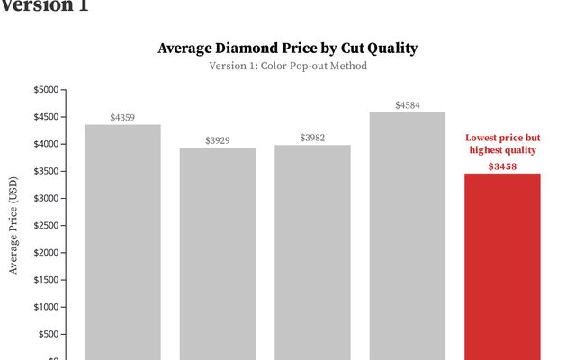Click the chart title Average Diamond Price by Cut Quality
point(288,48)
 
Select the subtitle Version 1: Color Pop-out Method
point(288,66)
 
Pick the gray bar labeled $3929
point(218,253)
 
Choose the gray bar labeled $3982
point(312,252)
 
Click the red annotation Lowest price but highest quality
point(502,144)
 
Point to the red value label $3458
point(502,166)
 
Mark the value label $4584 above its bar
point(407,105)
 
